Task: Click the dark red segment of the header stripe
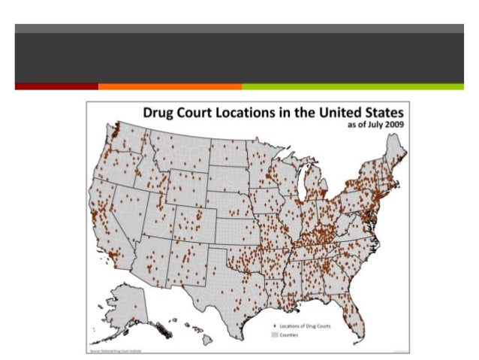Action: (56, 86)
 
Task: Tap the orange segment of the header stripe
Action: (170, 86)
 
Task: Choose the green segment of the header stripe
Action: (352, 86)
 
